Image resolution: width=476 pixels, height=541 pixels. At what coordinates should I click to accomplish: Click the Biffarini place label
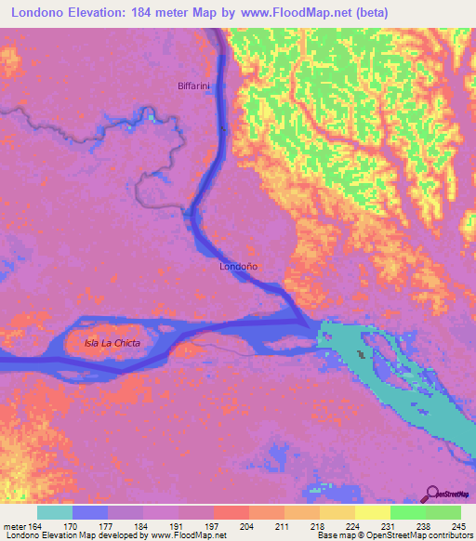click(x=195, y=86)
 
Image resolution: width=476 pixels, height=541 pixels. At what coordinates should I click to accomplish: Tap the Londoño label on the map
click(x=238, y=266)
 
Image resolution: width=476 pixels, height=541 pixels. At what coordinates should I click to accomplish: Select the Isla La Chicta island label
click(x=112, y=343)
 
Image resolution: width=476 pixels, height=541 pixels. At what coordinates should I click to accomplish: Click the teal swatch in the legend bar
click(x=55, y=512)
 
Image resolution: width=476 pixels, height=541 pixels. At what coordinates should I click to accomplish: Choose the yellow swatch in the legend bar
click(x=372, y=512)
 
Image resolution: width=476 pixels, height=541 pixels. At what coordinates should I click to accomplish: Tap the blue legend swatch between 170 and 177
click(x=90, y=512)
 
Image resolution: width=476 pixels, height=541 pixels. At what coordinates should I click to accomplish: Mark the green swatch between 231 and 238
click(x=407, y=512)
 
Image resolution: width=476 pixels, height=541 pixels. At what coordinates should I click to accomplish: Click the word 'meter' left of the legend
click(x=14, y=526)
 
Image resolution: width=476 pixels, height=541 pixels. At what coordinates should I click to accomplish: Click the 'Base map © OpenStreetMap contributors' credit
click(x=392, y=535)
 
